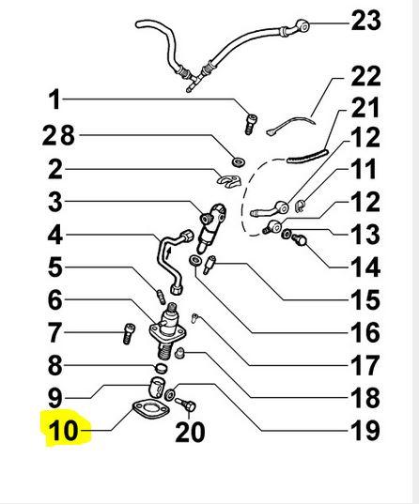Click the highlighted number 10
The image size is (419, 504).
tap(63, 430)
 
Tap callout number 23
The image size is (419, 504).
tap(365, 21)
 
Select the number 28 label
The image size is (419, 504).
tap(58, 135)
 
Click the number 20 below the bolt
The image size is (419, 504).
tap(190, 432)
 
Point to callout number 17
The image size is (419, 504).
tap(365, 365)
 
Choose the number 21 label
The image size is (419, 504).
tap(365, 108)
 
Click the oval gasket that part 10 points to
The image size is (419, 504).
tap(150, 409)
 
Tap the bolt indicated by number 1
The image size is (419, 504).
tap(252, 125)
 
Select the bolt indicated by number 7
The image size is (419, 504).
tap(129, 333)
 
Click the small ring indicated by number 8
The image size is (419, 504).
tap(161, 367)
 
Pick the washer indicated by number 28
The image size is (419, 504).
tap(239, 161)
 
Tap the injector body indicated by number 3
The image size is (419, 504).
tap(210, 226)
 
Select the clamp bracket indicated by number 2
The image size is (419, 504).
tap(228, 180)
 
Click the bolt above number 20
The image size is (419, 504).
tap(186, 405)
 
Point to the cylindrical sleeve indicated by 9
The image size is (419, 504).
tap(157, 387)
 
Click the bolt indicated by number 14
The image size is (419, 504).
tap(300, 239)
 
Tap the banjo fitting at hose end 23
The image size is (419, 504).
tap(302, 25)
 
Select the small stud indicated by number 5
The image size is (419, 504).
tap(161, 297)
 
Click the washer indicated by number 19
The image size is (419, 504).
tap(170, 393)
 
